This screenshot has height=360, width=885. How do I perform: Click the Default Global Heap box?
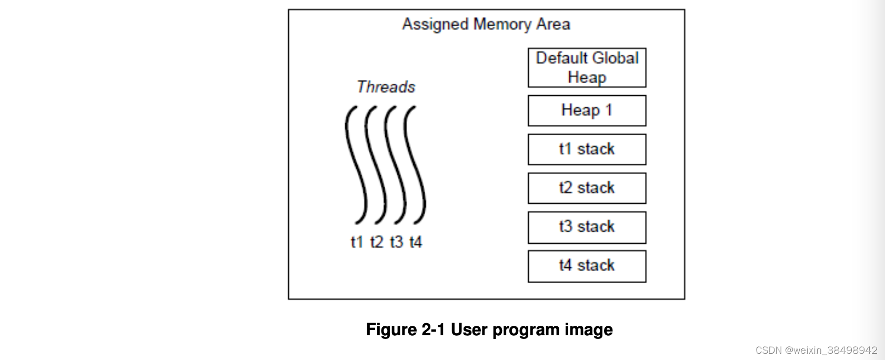(587, 68)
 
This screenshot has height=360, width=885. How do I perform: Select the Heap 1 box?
(587, 111)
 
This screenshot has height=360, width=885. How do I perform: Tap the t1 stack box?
(587, 149)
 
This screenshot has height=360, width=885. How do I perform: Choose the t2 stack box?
(587, 188)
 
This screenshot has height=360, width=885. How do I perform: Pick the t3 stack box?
(587, 227)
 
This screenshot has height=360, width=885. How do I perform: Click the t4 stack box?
(587, 266)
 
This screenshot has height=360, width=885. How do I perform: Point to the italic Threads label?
(386, 87)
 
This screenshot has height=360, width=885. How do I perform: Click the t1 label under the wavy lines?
(357, 242)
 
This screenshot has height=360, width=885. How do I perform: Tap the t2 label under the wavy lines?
(377, 242)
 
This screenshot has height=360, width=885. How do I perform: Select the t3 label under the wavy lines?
(396, 242)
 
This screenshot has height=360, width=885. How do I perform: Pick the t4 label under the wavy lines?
(416, 242)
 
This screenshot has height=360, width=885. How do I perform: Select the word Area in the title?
(553, 24)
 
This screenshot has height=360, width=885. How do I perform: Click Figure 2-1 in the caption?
(405, 329)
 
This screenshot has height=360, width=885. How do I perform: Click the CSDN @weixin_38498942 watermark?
(816, 350)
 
